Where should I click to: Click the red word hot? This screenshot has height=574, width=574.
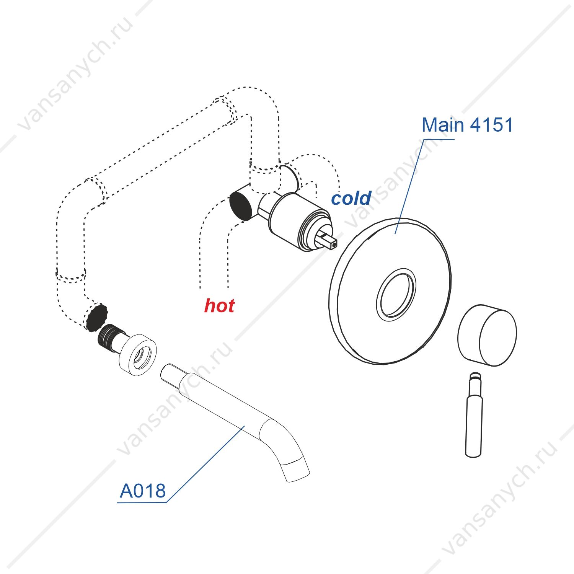click(x=219, y=305)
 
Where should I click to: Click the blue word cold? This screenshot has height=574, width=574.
click(x=351, y=198)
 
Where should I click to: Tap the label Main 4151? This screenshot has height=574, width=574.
click(x=467, y=125)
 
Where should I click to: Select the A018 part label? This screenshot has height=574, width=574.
click(x=143, y=491)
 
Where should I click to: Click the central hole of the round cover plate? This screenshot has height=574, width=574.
click(x=396, y=295)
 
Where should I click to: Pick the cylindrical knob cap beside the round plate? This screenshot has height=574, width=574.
click(x=487, y=335)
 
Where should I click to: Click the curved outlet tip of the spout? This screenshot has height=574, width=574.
click(x=296, y=471)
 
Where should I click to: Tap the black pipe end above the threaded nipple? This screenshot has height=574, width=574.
click(x=96, y=317)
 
